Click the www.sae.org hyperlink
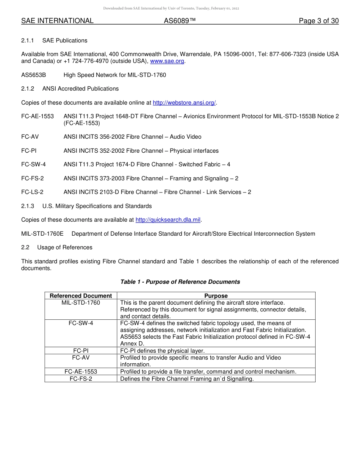pos(167,61)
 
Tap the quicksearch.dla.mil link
pos(168,220)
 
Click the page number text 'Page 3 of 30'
pos(318,21)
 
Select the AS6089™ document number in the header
pos(180,21)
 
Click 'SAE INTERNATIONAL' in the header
pos(57,21)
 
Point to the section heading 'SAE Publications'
pos(65,41)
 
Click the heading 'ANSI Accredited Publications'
pos(80,89)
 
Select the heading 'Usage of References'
pos(65,247)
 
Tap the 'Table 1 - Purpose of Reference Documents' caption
pos(180,282)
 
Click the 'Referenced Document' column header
pos(81,296)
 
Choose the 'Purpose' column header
pos(216,296)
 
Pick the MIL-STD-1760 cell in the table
pos(81,303)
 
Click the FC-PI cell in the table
pos(81,351)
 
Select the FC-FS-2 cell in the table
pos(81,378)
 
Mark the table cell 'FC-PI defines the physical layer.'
pos(162,351)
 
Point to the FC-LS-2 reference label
pos(32,192)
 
